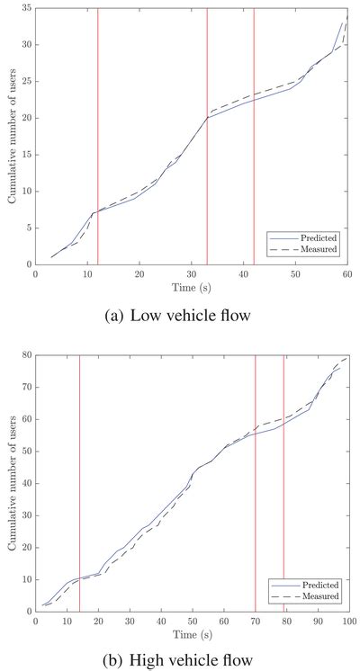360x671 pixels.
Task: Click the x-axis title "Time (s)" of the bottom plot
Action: (191, 634)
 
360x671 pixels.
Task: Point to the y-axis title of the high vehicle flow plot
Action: (11, 483)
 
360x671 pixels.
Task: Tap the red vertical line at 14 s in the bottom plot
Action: (79, 483)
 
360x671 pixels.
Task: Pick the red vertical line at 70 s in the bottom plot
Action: (256, 483)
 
